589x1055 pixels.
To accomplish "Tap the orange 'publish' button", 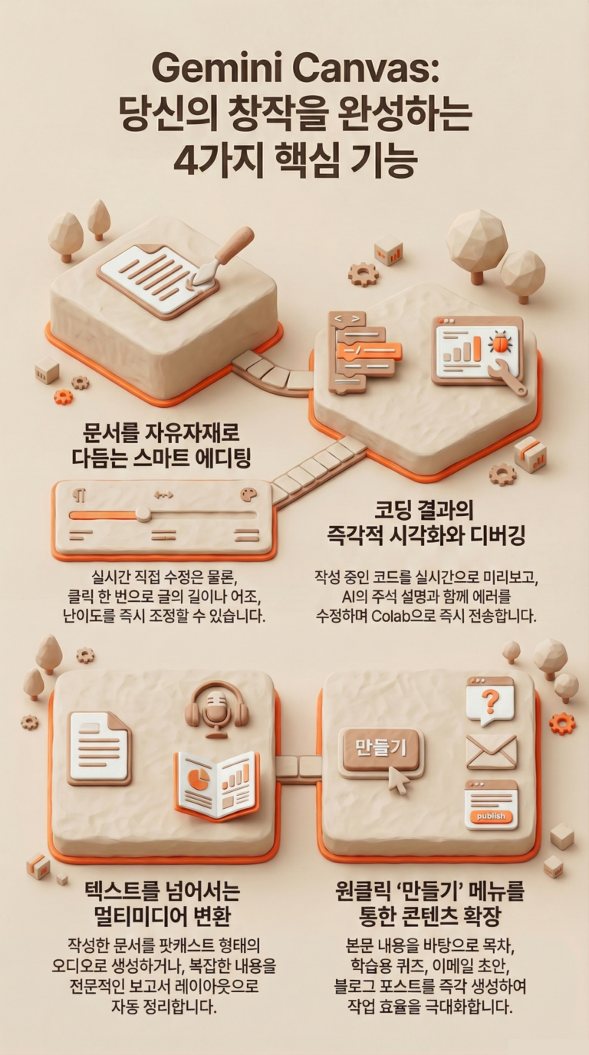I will point(491,817).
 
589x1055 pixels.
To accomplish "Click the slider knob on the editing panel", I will point(143,514).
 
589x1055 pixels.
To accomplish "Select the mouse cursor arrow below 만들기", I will point(399,781).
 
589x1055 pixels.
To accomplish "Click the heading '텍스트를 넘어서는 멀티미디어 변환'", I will point(163,903).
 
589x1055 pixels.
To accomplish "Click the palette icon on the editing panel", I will point(248,495).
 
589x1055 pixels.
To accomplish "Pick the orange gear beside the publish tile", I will point(561,723).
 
